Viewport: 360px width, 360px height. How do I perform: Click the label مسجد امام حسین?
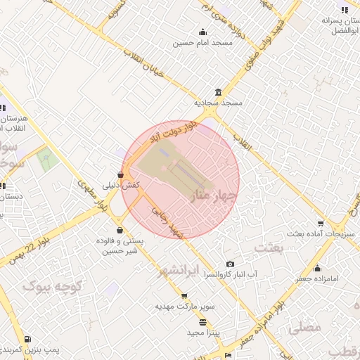202,43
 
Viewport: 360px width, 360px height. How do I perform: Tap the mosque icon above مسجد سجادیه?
218,92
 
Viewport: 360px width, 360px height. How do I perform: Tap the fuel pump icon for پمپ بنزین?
27,339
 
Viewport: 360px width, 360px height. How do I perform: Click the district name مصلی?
304,327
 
